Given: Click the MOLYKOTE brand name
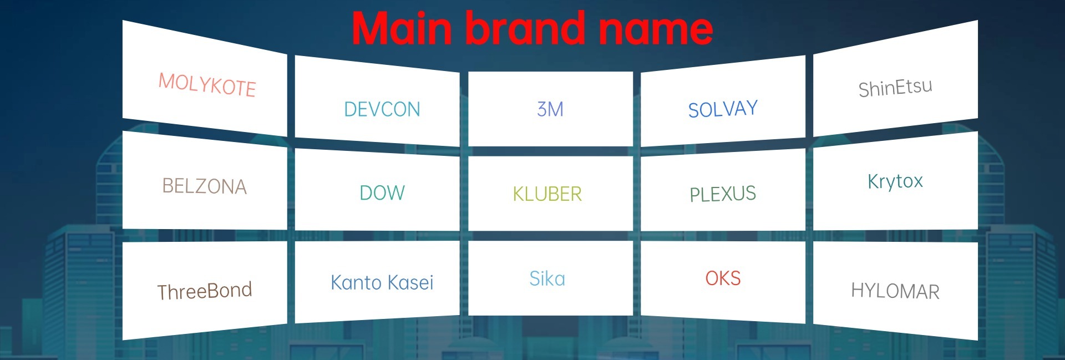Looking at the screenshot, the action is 207,85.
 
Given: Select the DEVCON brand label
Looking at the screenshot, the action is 382,109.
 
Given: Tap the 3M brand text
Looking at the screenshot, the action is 550,109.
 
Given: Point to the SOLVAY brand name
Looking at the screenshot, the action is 723,109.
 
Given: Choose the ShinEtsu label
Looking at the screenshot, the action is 895,88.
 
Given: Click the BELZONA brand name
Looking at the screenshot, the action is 204,186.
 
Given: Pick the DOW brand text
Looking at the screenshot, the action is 382,193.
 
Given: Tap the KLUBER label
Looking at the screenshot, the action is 547,194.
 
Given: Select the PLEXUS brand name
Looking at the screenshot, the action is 723,194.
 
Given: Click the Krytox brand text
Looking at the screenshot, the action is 895,181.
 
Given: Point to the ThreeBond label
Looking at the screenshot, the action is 204,291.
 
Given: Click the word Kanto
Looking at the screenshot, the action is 356,282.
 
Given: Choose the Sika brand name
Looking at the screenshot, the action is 547,278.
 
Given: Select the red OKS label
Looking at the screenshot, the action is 723,278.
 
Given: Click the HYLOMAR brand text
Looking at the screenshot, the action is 895,291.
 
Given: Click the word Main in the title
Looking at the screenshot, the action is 402,28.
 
